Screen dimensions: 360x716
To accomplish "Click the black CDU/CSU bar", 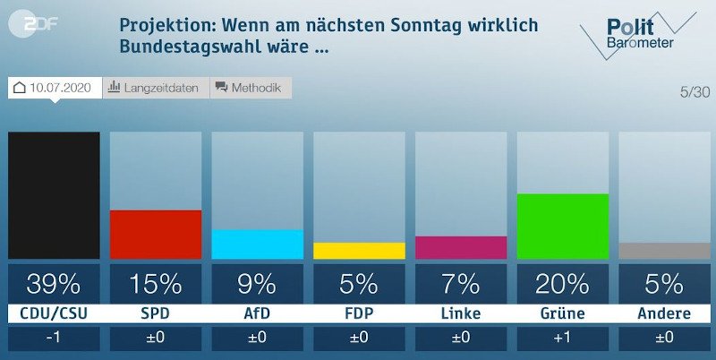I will click(x=54, y=195).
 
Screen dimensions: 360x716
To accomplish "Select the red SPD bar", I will click(x=155, y=235).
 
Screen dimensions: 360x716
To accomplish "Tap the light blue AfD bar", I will click(x=257, y=244).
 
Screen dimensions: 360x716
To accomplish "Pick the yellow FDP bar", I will click(x=358, y=251).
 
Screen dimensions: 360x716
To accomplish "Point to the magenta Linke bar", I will click(x=460, y=247).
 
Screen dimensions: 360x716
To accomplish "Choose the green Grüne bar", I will click(x=562, y=227).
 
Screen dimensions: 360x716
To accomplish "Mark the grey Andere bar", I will click(x=664, y=251).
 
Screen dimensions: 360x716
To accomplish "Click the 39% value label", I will click(x=54, y=284).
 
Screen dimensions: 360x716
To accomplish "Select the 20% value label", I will click(x=562, y=284).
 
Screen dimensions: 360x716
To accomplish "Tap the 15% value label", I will click(x=155, y=284).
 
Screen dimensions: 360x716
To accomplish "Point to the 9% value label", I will click(x=257, y=284).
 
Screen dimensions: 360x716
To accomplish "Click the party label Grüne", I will click(x=562, y=313).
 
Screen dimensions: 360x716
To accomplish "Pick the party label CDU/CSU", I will click(x=54, y=313).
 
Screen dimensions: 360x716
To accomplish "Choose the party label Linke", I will click(x=460, y=313).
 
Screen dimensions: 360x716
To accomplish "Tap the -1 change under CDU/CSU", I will click(x=54, y=339).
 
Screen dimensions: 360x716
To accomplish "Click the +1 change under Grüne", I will click(x=562, y=339).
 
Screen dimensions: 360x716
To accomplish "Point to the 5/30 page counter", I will click(x=695, y=91).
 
